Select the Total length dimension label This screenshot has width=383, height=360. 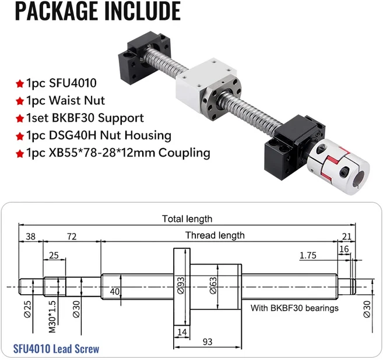coord(187,219)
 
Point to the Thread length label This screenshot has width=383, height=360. coord(215,235)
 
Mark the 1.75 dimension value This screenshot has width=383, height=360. coord(308,255)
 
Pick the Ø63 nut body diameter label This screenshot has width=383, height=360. coord(213,285)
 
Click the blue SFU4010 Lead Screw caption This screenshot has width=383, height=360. coord(56,349)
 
